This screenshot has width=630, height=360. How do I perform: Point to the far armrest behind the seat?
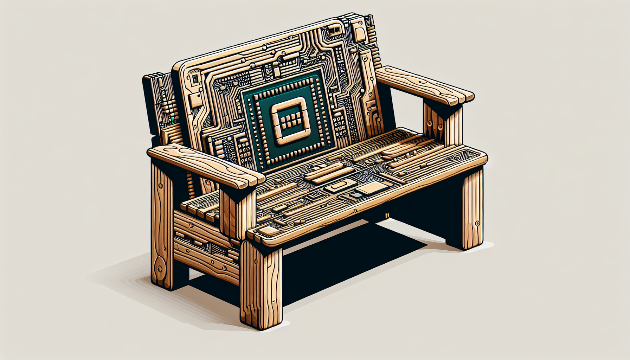click(425, 84)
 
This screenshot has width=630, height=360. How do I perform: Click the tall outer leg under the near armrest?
click(162, 225)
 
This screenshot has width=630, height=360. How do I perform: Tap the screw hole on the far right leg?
click(477, 223)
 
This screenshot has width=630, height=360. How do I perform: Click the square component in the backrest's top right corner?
click(360, 33)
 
